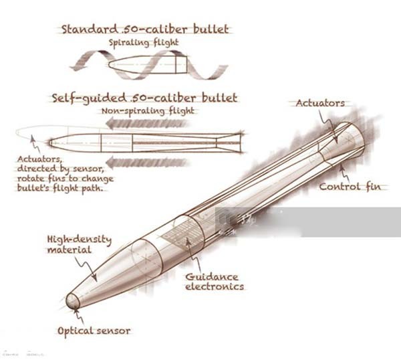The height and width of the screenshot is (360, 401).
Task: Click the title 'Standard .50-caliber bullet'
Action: click(144, 29)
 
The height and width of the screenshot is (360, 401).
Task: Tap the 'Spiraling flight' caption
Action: click(144, 42)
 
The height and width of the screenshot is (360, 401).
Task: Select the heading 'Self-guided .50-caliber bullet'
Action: click(144, 98)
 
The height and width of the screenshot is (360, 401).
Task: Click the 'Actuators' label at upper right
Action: click(320, 103)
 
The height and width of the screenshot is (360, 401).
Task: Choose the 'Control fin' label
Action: click(353, 187)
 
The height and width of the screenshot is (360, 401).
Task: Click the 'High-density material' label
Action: click(78, 244)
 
